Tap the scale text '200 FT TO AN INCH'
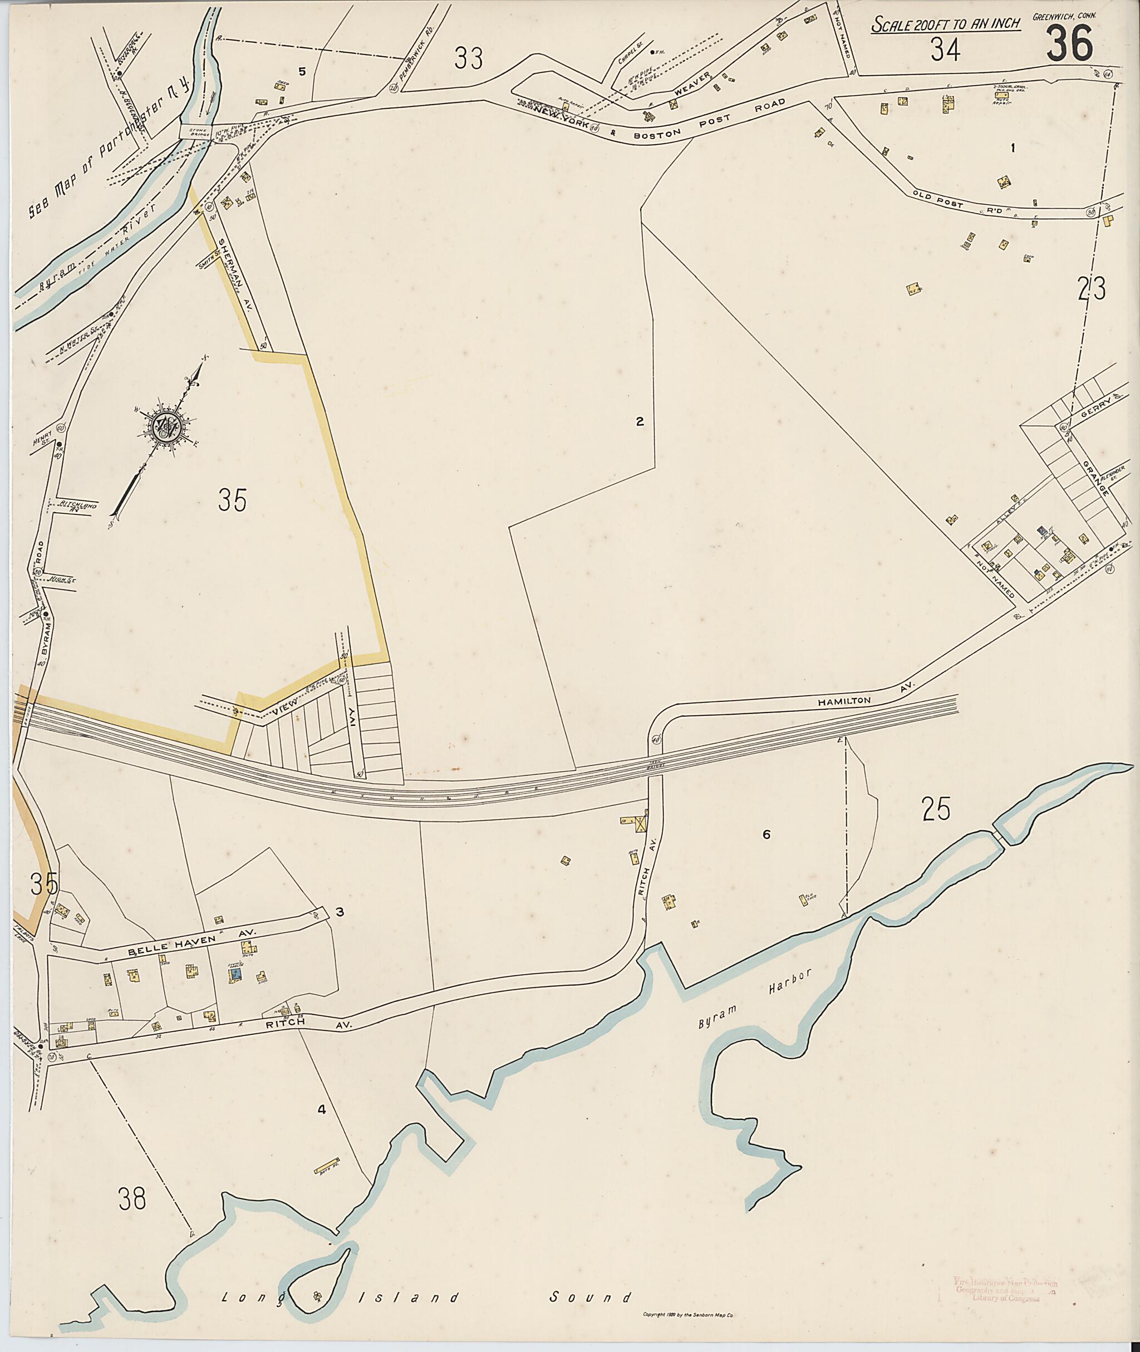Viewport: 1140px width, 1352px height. [x=946, y=24]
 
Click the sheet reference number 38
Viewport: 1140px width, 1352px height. [x=132, y=1199]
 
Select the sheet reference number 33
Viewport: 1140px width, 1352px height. [x=469, y=59]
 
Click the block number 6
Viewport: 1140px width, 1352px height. [x=766, y=834]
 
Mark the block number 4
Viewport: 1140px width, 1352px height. [x=321, y=1110]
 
